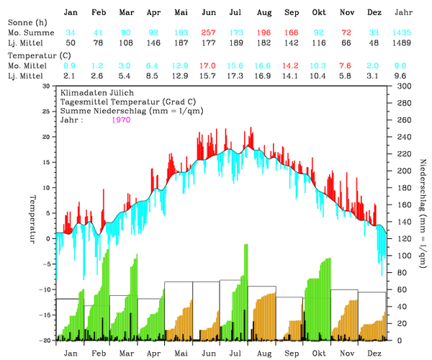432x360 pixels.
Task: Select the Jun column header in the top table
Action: tap(209, 13)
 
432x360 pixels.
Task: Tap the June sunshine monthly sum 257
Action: tap(209, 34)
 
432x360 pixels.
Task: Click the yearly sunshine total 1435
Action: tap(405, 34)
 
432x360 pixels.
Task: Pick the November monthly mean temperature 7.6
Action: tap(346, 65)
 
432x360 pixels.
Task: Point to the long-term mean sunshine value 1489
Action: tap(405, 44)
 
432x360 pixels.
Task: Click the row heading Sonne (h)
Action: tap(24, 24)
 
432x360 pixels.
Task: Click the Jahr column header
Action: tap(405, 13)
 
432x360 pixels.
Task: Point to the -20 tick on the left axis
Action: tap(45, 340)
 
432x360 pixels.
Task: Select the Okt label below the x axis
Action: tap(318, 354)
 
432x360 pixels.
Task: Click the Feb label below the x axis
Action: tap(98, 354)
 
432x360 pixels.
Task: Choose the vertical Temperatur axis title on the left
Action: tap(32, 216)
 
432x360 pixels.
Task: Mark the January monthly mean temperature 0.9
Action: tap(71, 65)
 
